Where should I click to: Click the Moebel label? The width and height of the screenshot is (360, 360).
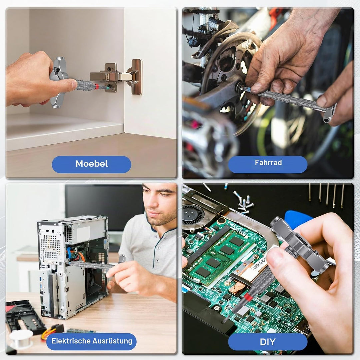click(x=92, y=164)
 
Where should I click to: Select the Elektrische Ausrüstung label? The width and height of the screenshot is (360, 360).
click(x=92, y=341)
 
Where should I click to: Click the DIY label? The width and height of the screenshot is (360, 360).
click(x=267, y=342)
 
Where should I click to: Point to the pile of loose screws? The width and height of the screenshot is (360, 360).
click(x=243, y=202)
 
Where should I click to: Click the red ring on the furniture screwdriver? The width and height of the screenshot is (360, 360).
click(x=97, y=87)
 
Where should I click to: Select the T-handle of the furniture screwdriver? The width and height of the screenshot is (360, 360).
click(x=58, y=82)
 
